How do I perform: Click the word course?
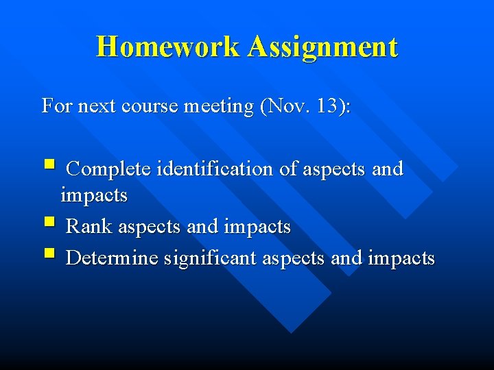[x=150, y=107]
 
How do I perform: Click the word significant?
[x=209, y=258]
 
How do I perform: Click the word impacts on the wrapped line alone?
[x=94, y=196]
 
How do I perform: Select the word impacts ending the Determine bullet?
[x=401, y=258]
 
